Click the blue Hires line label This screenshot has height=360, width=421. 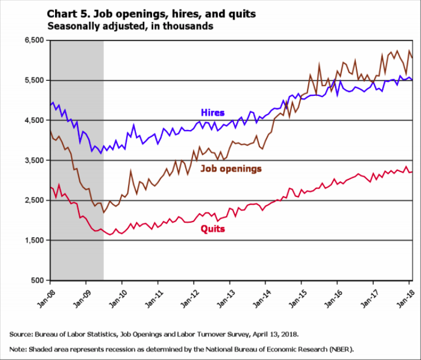[212, 113]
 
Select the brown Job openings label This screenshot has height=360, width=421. [231, 168]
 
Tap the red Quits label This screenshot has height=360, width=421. [213, 228]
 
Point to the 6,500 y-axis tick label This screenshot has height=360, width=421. [35, 40]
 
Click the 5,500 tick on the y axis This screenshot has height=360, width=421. [35, 80]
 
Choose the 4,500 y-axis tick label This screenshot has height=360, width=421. [35, 121]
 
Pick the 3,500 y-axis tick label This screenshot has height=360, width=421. [35, 160]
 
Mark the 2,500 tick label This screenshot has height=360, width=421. [35, 200]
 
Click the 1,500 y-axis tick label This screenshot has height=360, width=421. [35, 241]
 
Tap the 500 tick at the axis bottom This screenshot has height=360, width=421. [38, 280]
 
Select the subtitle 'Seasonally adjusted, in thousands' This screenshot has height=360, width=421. [130, 26]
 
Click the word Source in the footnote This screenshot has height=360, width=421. [20, 334]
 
